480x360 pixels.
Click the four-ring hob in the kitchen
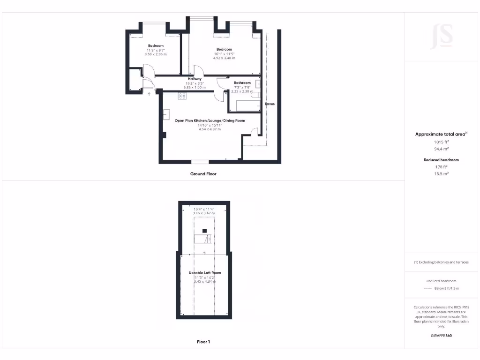point(182,97)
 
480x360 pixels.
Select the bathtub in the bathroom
point(245,105)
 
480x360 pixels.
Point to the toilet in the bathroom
point(256,95)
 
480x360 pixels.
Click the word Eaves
point(270,104)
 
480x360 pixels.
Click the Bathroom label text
point(242,83)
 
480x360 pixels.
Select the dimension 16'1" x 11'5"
point(224,54)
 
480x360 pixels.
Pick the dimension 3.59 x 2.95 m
point(156,54)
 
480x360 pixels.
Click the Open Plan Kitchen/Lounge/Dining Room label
point(210,120)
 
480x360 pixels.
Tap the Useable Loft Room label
point(205,272)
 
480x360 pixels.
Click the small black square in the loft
point(204,231)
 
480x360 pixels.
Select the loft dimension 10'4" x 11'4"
point(204,209)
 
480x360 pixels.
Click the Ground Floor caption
point(203,174)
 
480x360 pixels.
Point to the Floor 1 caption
point(203,342)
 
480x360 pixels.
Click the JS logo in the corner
point(442,36)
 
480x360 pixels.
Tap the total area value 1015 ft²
point(442,142)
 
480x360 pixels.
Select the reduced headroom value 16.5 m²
point(442,173)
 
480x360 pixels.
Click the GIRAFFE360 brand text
point(442,336)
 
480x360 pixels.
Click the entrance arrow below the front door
point(150,94)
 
